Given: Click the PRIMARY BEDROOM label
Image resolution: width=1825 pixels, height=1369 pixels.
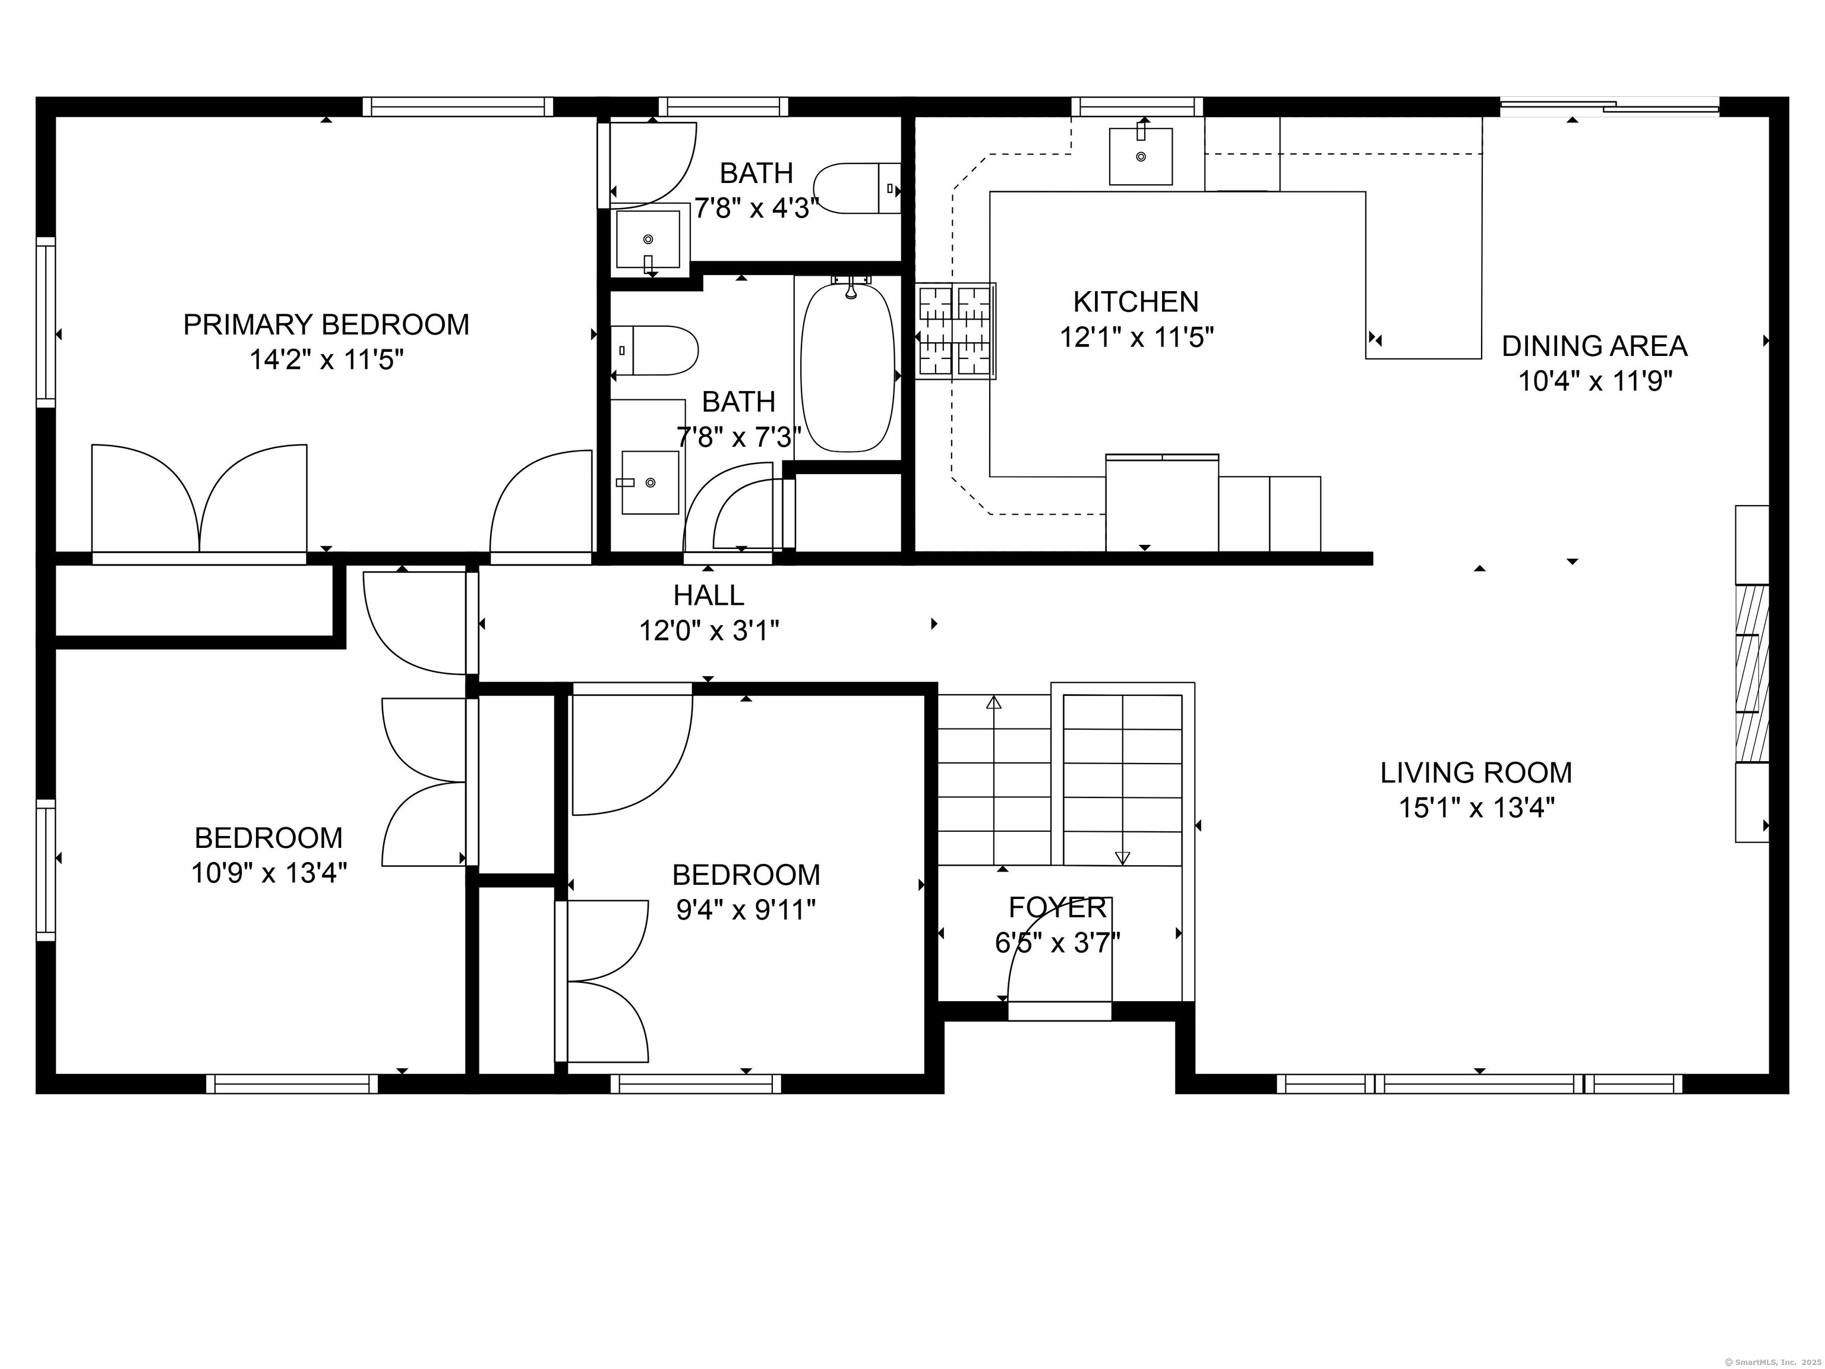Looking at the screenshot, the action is tap(326, 324).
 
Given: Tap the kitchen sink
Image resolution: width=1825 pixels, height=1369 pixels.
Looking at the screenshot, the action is tap(1140, 156).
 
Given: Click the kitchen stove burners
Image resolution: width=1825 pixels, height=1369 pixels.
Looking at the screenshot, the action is tap(955, 331).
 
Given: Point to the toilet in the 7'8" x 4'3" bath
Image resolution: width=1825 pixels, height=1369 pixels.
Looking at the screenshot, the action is tap(857, 189).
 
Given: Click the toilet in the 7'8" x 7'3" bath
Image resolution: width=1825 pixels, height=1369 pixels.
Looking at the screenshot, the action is tap(654, 351).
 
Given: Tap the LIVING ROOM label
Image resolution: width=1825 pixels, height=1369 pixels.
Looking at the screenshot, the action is tap(1476, 772).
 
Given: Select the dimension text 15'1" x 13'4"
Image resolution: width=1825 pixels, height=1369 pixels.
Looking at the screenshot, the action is tap(1476, 807).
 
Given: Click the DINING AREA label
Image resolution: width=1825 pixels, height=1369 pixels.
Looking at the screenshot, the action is tap(1594, 346).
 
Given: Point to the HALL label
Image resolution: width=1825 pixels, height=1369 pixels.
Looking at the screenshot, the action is tap(709, 595).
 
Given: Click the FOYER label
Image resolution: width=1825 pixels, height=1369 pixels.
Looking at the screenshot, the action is tap(1057, 908).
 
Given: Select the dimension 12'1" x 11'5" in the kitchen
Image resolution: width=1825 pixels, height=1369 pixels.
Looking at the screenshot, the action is tap(1137, 337).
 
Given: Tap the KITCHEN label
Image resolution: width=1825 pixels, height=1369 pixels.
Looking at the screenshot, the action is tap(1136, 302).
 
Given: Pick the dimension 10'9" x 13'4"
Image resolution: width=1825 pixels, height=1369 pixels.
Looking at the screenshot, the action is tap(269, 873).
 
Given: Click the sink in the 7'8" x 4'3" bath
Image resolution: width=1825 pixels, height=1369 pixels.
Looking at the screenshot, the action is tap(649, 240).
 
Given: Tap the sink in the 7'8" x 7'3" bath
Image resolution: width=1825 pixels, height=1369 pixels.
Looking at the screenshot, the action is tap(650, 482).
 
